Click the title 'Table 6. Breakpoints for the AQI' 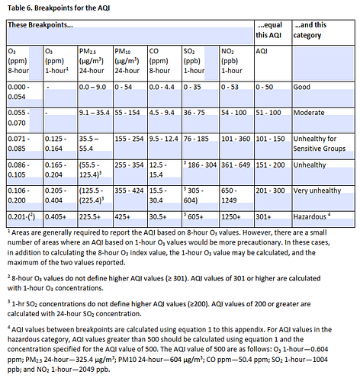click(59, 8)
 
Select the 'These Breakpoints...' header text click(40, 25)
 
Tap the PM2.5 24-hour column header click(92, 61)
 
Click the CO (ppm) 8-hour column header click(159, 61)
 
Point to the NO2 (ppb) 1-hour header click(232, 61)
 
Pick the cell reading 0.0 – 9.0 click(92, 87)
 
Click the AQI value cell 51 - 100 click(268, 113)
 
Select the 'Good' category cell click(302, 87)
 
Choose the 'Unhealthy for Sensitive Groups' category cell click(320, 143)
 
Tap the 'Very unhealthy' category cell click(317, 190)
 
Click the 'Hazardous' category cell click(312, 216)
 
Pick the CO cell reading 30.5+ click(158, 216)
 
